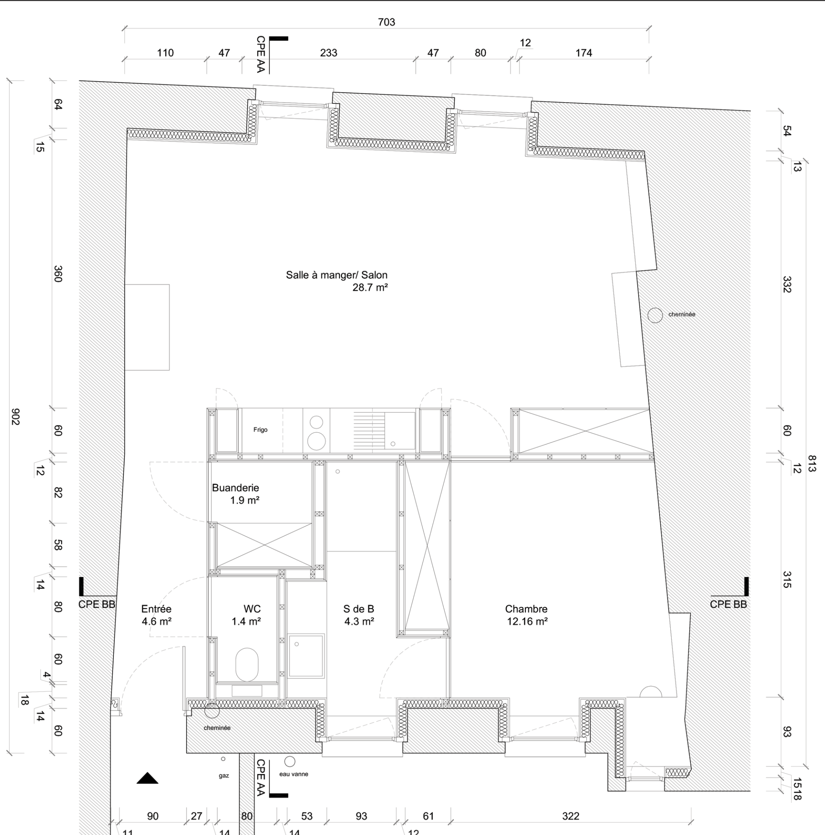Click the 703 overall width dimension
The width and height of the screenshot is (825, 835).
pos(386,22)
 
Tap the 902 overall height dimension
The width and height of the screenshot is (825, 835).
pos(15,416)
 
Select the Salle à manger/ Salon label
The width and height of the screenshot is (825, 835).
pos(336,275)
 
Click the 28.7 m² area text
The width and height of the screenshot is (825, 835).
pos(370,287)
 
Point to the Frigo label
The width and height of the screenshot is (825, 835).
pos(260,430)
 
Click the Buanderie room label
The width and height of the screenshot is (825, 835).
pos(235,488)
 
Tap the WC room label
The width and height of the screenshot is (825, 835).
pos(252,609)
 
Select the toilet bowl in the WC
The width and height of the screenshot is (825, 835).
pos(247,664)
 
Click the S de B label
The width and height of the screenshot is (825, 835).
pos(359,609)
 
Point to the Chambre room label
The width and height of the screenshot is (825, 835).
pos(526,609)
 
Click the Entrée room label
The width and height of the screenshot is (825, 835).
pos(156,609)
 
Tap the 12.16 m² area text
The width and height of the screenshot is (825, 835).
pos(527,622)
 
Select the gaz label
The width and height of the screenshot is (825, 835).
pos(224,776)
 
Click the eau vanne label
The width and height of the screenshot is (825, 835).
pos(294,774)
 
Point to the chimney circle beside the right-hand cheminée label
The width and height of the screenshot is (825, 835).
pos(655,315)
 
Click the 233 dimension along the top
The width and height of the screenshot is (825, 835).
pos(328,53)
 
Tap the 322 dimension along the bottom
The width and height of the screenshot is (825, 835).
pos(571,816)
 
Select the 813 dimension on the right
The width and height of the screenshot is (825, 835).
pos(812,463)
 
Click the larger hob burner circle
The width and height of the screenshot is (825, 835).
pos(316,441)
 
